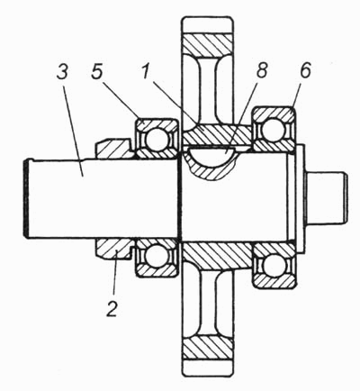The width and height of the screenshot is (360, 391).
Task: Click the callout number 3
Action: [62, 74]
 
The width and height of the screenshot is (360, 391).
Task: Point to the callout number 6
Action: [304, 70]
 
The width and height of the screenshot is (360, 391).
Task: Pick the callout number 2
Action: [112, 308]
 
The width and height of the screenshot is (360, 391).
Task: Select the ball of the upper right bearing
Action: [273, 129]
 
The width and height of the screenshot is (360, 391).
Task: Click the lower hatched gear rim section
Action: [208, 347]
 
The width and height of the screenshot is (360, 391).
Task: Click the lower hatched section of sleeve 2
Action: [115, 248]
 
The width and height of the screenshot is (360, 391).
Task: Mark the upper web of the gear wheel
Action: [208, 90]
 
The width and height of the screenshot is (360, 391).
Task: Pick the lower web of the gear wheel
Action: [208, 303]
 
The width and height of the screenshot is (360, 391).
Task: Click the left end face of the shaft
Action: [26, 199]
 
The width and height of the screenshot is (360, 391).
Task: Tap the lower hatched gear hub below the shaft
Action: [217, 255]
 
